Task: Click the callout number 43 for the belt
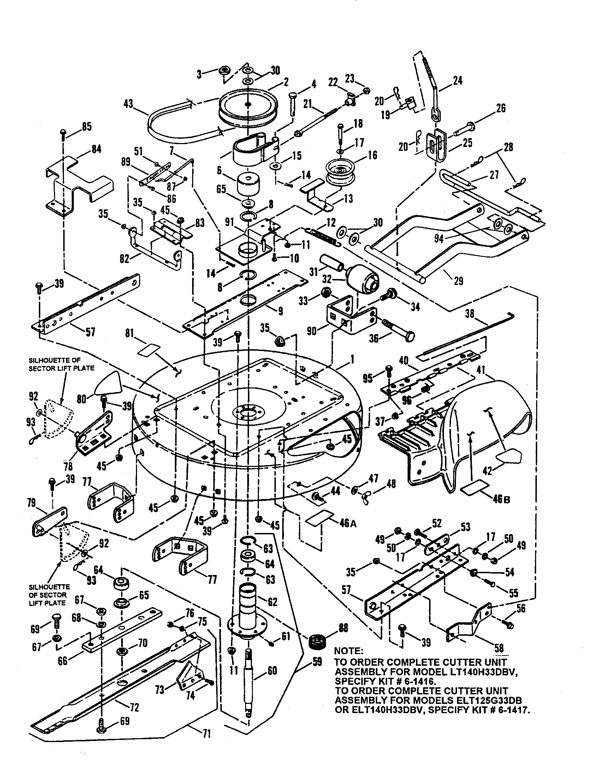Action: click(x=128, y=104)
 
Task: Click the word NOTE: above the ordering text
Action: click(x=349, y=651)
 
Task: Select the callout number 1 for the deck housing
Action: click(x=352, y=361)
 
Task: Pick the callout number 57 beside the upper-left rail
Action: click(x=91, y=333)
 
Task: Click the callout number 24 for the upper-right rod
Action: click(x=458, y=81)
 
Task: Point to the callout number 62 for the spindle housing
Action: click(x=273, y=602)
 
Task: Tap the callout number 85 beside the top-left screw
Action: click(x=87, y=126)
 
